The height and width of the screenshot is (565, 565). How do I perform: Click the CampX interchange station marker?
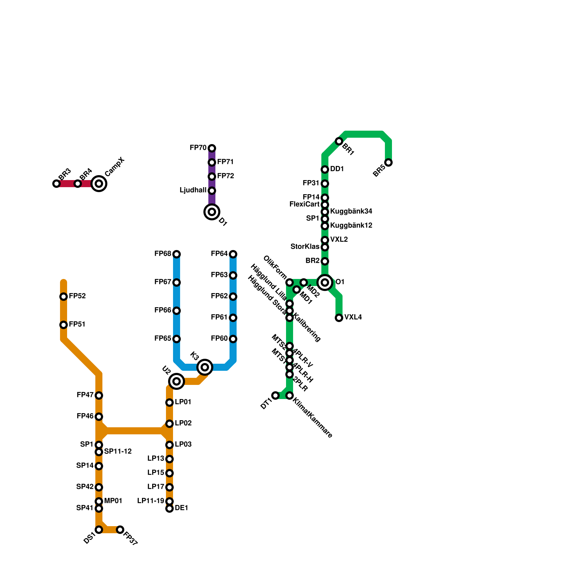[x=99, y=184]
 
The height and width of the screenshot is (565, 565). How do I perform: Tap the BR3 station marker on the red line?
[x=56, y=184]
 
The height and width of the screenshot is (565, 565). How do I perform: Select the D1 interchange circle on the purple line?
[x=212, y=212]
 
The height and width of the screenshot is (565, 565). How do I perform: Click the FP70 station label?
[x=198, y=148]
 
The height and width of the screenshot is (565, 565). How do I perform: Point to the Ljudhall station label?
[x=193, y=190]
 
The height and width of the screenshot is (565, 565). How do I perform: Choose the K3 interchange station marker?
[x=205, y=367]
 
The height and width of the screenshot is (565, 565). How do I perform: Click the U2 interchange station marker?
[x=177, y=381]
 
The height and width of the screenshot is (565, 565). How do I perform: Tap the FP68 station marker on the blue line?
[x=177, y=254]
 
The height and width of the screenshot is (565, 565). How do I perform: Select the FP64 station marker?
[x=233, y=254]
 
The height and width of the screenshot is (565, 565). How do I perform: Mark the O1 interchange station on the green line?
[x=325, y=282]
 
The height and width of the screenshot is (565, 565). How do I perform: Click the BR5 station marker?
[x=388, y=162]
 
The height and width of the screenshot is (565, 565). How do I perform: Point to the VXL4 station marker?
[x=339, y=318]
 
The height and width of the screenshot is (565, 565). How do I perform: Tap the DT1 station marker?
[x=275, y=395]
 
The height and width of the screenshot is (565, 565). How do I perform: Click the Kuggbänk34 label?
[x=351, y=212]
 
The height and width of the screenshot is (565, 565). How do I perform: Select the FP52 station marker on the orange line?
[x=64, y=297]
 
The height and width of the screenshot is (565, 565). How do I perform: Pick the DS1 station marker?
[x=99, y=530]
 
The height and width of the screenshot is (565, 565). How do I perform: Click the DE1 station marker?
[x=169, y=509]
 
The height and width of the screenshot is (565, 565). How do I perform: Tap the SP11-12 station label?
[x=118, y=452]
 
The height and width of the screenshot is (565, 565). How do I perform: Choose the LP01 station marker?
[x=169, y=403]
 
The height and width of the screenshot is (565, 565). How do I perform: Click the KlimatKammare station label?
[x=313, y=419]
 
